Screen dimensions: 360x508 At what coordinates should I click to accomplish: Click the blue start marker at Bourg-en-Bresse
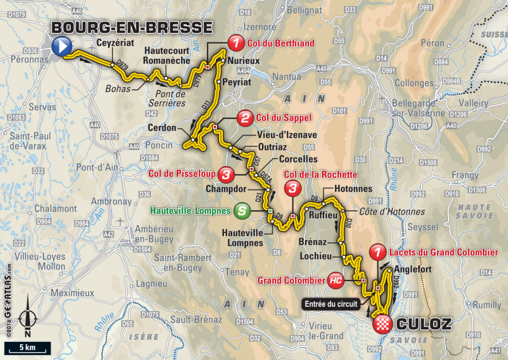(61, 46)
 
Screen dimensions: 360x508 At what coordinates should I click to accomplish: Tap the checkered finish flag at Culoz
(382, 324)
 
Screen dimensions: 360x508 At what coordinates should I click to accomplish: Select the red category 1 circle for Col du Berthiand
(235, 42)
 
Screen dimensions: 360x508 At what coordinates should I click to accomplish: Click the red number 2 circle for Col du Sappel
(245, 119)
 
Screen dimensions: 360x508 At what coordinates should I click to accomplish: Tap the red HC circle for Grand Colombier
(334, 280)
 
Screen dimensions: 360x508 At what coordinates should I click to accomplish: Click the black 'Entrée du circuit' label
(331, 304)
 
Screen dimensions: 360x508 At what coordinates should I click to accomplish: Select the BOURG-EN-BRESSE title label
(132, 27)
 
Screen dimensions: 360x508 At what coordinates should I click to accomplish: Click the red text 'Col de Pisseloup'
(184, 174)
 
